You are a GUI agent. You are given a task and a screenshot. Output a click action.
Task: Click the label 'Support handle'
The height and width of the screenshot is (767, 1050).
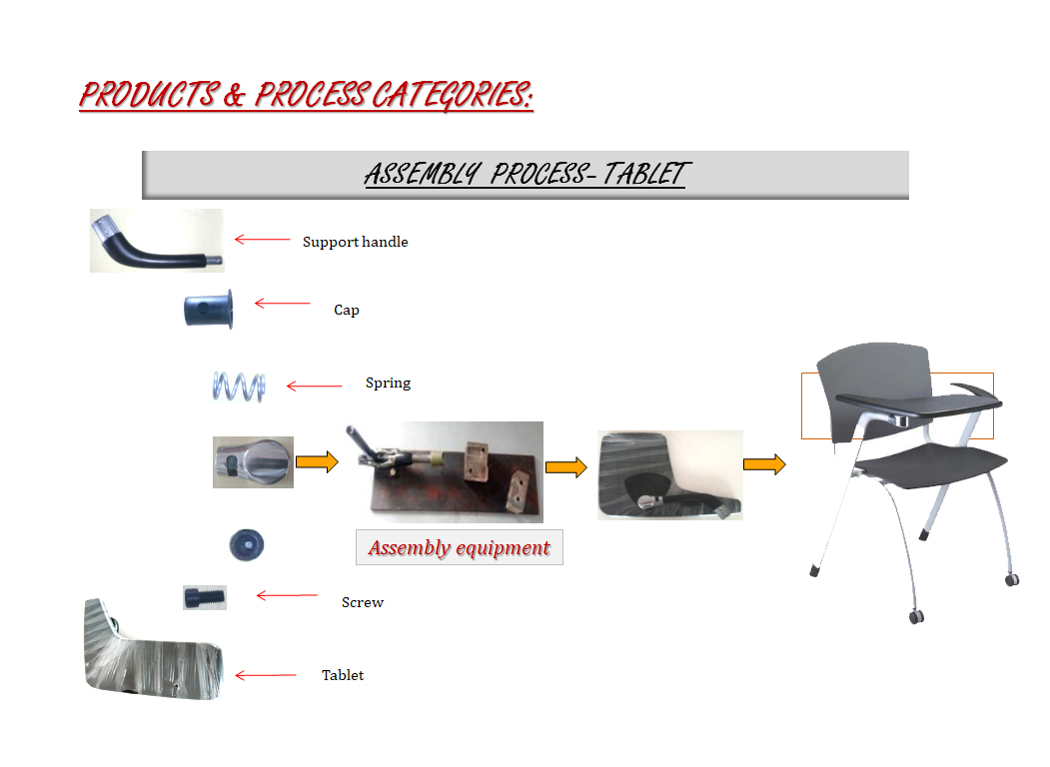click(x=355, y=242)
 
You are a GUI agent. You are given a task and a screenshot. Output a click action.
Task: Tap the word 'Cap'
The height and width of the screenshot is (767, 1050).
click(x=347, y=310)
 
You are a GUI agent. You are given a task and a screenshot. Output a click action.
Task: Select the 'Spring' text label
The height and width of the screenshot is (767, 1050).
click(x=388, y=383)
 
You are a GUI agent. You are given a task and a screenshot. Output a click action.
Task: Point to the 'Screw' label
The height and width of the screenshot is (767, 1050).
click(x=363, y=602)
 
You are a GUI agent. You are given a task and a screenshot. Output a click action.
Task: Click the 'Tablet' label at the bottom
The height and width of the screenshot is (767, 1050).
click(x=343, y=675)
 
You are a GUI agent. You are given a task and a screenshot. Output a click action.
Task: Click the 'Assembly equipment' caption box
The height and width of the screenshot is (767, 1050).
click(x=460, y=547)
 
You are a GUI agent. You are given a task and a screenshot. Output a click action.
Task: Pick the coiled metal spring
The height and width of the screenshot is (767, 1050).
click(x=239, y=386)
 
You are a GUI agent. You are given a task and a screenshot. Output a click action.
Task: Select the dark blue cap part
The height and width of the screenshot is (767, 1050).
click(x=208, y=310)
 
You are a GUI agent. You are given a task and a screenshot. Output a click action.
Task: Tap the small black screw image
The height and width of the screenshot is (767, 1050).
click(x=205, y=597)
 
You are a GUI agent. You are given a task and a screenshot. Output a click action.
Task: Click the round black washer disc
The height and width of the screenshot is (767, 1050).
click(x=247, y=545)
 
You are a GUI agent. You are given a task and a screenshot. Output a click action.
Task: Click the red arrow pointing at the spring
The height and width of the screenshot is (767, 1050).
click(x=314, y=386)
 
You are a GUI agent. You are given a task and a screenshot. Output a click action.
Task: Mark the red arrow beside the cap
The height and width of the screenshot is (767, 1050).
click(x=282, y=304)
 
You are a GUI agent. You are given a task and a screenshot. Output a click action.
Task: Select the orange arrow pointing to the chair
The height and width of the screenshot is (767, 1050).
click(x=764, y=463)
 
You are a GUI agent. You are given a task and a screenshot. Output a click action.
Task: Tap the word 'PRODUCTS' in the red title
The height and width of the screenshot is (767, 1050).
click(x=150, y=94)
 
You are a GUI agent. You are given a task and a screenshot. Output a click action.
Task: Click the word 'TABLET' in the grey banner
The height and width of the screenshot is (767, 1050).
click(x=644, y=174)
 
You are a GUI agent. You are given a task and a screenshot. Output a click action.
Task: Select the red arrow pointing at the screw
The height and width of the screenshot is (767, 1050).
click(x=287, y=595)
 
